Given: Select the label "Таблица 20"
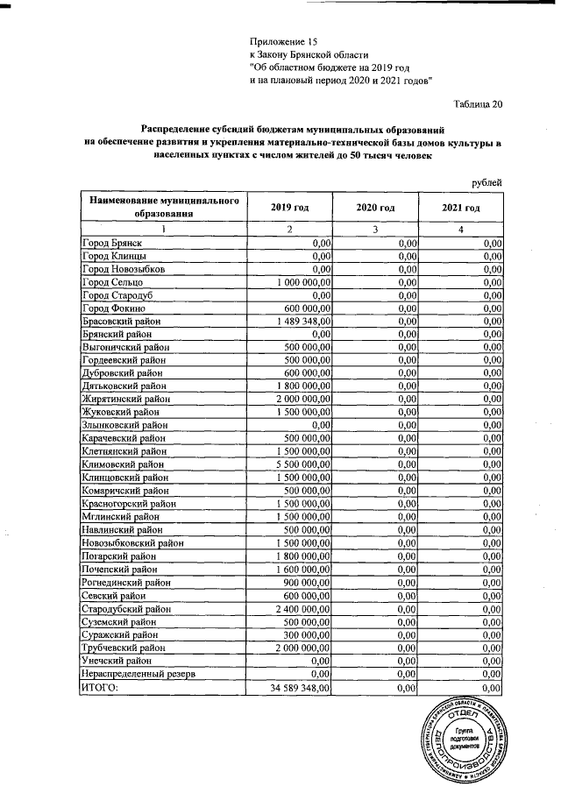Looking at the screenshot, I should click(x=479, y=106).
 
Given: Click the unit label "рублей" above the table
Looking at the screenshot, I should click(x=486, y=181).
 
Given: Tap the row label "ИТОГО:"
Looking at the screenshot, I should click(x=99, y=689).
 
